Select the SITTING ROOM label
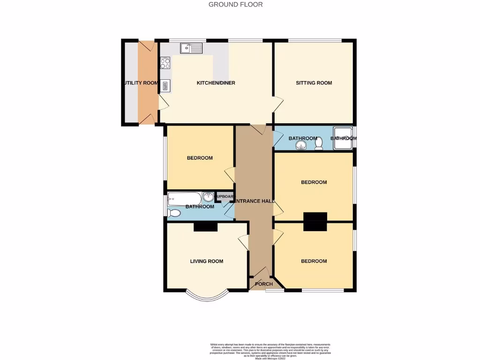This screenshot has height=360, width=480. (314, 83)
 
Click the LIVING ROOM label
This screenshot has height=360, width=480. (206, 262)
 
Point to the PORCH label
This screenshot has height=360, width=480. (263, 284)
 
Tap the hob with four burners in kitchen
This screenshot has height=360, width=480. (165, 63)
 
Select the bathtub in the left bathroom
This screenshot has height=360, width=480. (184, 198)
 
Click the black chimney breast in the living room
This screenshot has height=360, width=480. (206, 227)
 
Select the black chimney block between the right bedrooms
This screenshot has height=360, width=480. (315, 221)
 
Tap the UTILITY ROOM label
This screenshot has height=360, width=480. (141, 83)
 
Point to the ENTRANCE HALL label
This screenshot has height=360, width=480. (254, 201)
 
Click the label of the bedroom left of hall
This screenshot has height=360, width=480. (200, 158)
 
